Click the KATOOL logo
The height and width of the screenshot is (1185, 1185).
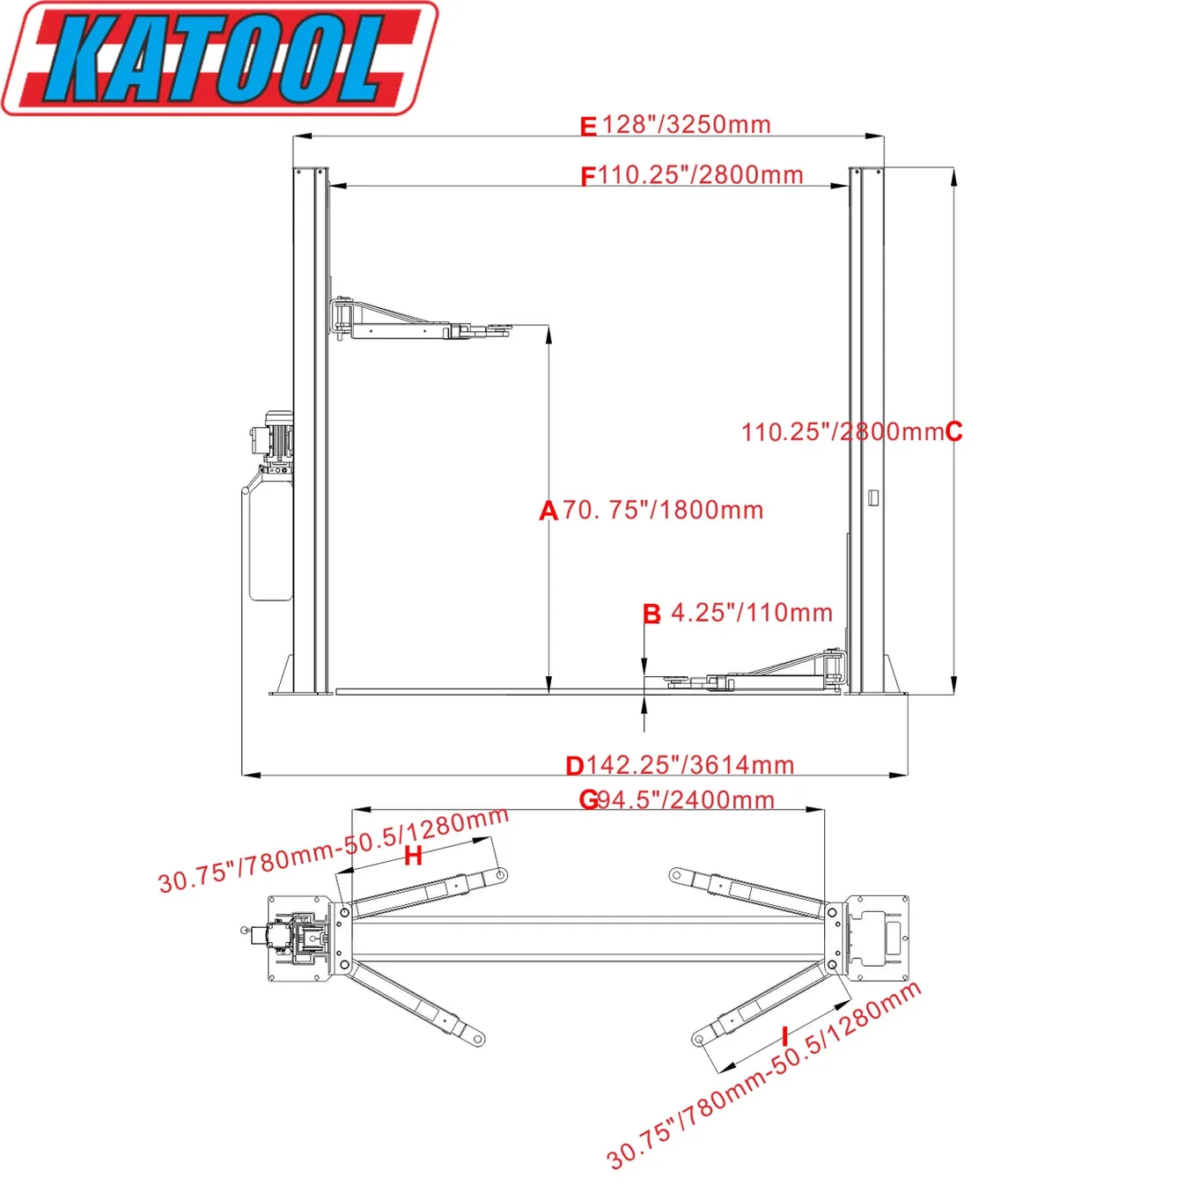(x=220, y=58)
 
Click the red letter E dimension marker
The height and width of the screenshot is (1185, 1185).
(x=588, y=127)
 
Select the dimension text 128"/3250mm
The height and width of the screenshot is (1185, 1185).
(x=687, y=125)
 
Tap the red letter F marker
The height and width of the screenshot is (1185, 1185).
(x=588, y=177)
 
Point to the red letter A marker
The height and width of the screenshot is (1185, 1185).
(x=548, y=511)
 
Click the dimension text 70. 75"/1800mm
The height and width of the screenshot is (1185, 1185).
(x=663, y=511)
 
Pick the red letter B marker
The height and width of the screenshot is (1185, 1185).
(x=651, y=614)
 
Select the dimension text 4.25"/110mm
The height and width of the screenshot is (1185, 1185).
(x=752, y=613)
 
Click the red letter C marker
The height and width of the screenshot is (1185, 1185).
(x=953, y=432)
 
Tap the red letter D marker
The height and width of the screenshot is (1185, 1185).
(x=575, y=766)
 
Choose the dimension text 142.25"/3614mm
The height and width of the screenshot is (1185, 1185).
(x=690, y=765)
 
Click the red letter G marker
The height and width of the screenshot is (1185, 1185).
(x=588, y=800)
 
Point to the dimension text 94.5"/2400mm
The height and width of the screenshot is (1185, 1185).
(x=687, y=800)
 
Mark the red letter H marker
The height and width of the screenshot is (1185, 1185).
(x=413, y=856)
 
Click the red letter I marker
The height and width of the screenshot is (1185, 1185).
(x=784, y=1036)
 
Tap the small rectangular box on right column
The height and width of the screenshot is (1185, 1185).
(x=873, y=497)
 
